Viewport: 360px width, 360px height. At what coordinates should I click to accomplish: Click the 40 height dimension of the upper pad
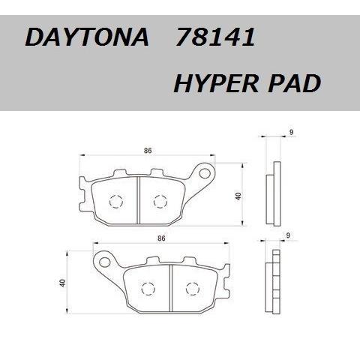(x=237, y=196)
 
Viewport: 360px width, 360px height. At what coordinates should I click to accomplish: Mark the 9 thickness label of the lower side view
(x=289, y=235)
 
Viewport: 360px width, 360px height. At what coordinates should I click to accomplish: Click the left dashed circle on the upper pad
(x=115, y=201)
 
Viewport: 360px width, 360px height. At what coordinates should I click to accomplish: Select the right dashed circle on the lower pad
(x=192, y=286)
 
